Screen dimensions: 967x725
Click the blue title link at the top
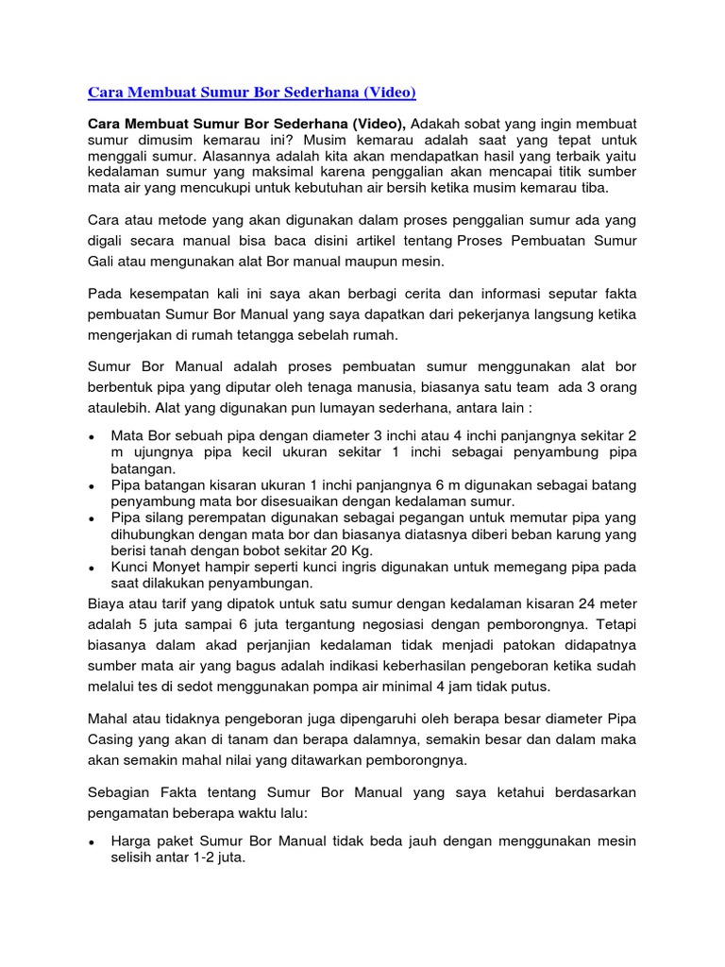pos(251,93)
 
